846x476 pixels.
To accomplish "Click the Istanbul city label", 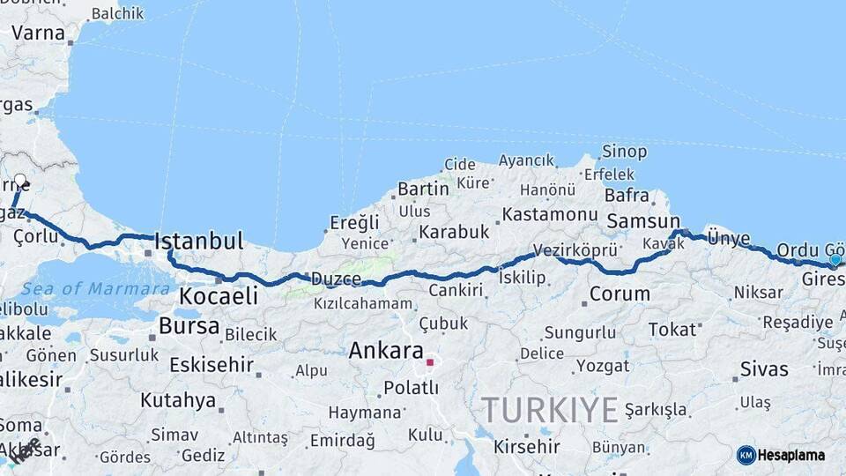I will point(198,241).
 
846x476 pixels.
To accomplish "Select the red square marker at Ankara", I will point(430,361).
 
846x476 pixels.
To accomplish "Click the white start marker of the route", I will point(20,181).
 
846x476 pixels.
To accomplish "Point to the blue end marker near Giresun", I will point(835,260).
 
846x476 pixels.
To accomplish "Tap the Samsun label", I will point(643,222).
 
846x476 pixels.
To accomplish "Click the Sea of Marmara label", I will point(95,288).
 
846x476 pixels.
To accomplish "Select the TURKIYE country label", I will point(550,410).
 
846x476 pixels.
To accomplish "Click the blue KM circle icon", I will point(746,455).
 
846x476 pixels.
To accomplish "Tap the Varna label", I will point(38,33).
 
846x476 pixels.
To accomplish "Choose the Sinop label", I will point(624,152).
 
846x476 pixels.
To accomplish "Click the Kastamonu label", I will point(551,214).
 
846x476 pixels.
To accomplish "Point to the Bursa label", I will point(189,326).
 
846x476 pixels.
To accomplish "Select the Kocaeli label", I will point(219,295).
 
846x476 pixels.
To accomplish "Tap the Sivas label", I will point(763,368).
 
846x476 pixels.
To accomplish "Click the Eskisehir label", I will point(211,364).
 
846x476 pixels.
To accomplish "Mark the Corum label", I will point(620,294).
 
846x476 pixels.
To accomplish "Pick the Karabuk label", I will point(453,232).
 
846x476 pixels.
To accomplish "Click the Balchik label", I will point(117,13).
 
